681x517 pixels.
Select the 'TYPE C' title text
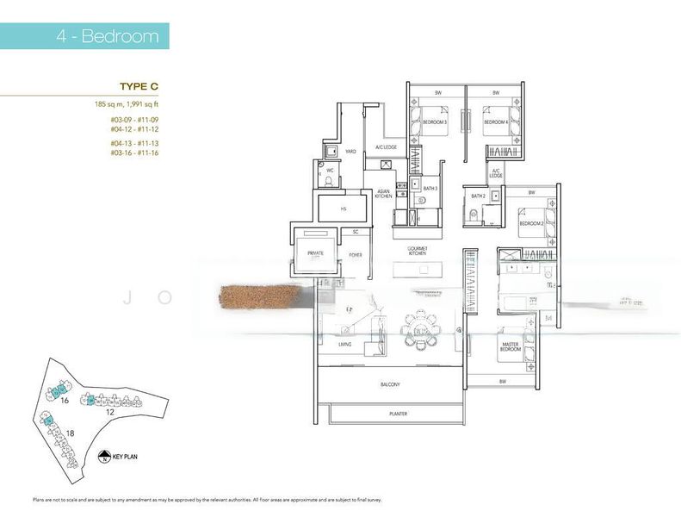click(x=139, y=87)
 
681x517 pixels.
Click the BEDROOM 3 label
click(x=435, y=123)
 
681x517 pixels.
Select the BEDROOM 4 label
click(x=495, y=123)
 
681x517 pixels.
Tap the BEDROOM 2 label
click(x=531, y=223)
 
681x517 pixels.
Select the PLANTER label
click(x=397, y=414)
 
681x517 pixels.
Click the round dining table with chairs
click(x=421, y=330)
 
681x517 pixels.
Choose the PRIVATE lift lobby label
click(x=315, y=253)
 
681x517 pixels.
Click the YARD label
click(x=351, y=152)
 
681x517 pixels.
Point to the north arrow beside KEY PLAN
click(x=105, y=458)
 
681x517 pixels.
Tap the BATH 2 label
click(x=479, y=196)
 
